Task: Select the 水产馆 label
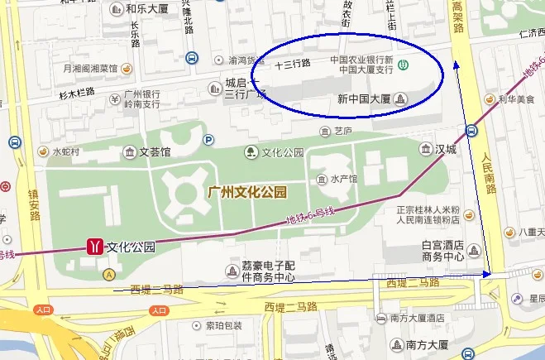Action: (343, 179)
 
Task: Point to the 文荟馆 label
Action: (154, 151)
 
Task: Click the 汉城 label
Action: (446, 149)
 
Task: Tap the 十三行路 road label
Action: (292, 63)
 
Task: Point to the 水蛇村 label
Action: (65, 151)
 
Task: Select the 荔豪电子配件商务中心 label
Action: (268, 271)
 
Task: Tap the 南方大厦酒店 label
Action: (418, 317)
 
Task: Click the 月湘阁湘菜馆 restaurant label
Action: (86, 68)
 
